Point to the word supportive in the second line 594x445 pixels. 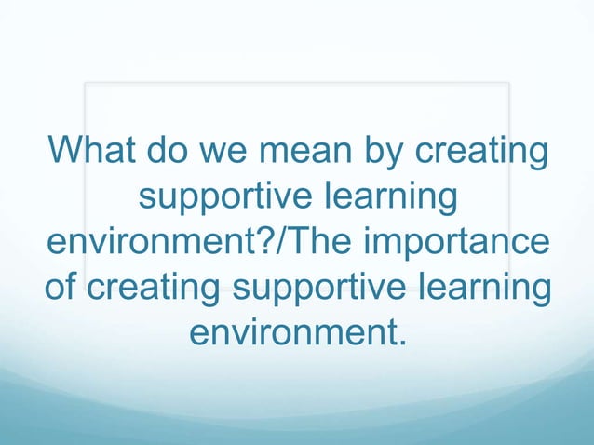point(223,197)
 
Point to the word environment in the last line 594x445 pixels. point(292,331)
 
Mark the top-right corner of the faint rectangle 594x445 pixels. point(509,83)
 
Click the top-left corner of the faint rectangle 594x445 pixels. point(85,83)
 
